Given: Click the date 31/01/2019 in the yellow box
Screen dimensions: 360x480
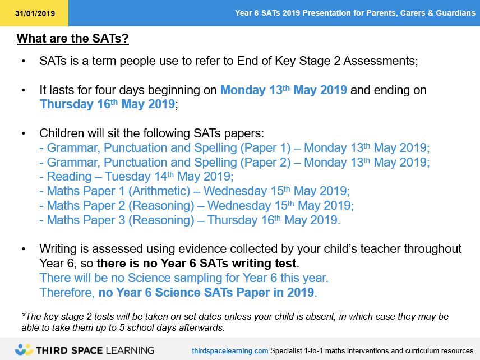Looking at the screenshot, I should (x=35, y=13).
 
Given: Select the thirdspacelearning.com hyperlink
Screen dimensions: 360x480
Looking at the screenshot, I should (x=230, y=350).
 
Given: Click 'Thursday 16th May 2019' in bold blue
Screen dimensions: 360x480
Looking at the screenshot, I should (x=108, y=104).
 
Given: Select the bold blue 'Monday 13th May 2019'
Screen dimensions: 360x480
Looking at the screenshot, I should (x=284, y=90).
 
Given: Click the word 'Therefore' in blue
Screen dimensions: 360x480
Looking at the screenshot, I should (x=67, y=292).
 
